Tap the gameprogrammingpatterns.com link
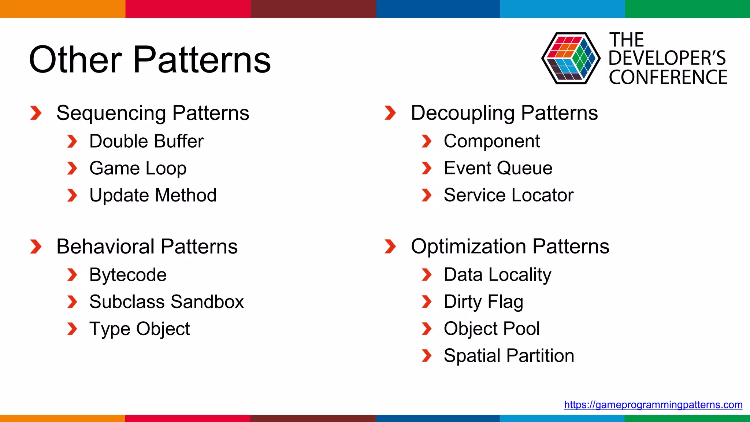click(653, 405)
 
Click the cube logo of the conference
click(571, 58)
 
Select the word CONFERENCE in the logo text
click(668, 77)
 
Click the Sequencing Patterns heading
click(153, 113)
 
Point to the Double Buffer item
click(146, 141)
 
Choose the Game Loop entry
click(138, 169)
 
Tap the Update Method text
click(153, 195)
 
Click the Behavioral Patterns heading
click(147, 247)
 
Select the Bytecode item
click(128, 275)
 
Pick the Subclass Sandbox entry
click(166, 302)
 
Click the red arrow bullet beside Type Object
click(72, 329)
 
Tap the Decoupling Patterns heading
click(504, 113)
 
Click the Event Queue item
click(498, 169)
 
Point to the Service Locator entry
click(508, 195)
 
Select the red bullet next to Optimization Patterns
click(390, 247)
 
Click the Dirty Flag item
click(483, 302)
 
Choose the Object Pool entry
click(491, 329)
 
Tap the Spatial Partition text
click(509, 356)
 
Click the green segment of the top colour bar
click(687, 9)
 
